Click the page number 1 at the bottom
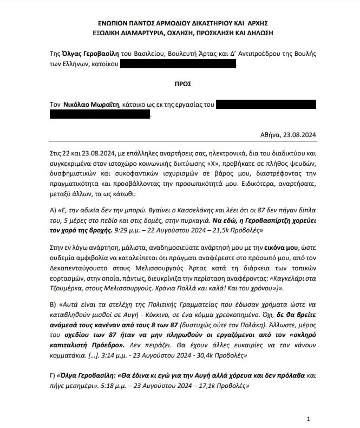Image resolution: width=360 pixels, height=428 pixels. pyautogui.click(x=308, y=419)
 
